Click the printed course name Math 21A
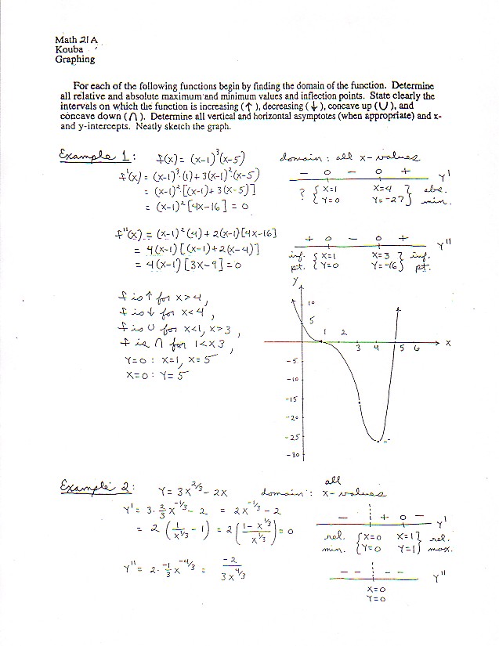click(x=74, y=39)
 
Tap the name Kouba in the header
click(x=70, y=49)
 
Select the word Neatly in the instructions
click(x=153, y=125)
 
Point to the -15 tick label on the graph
click(x=294, y=399)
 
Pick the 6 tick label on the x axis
click(x=416, y=348)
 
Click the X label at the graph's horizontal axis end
click(x=449, y=343)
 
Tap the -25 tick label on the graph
click(x=294, y=436)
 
